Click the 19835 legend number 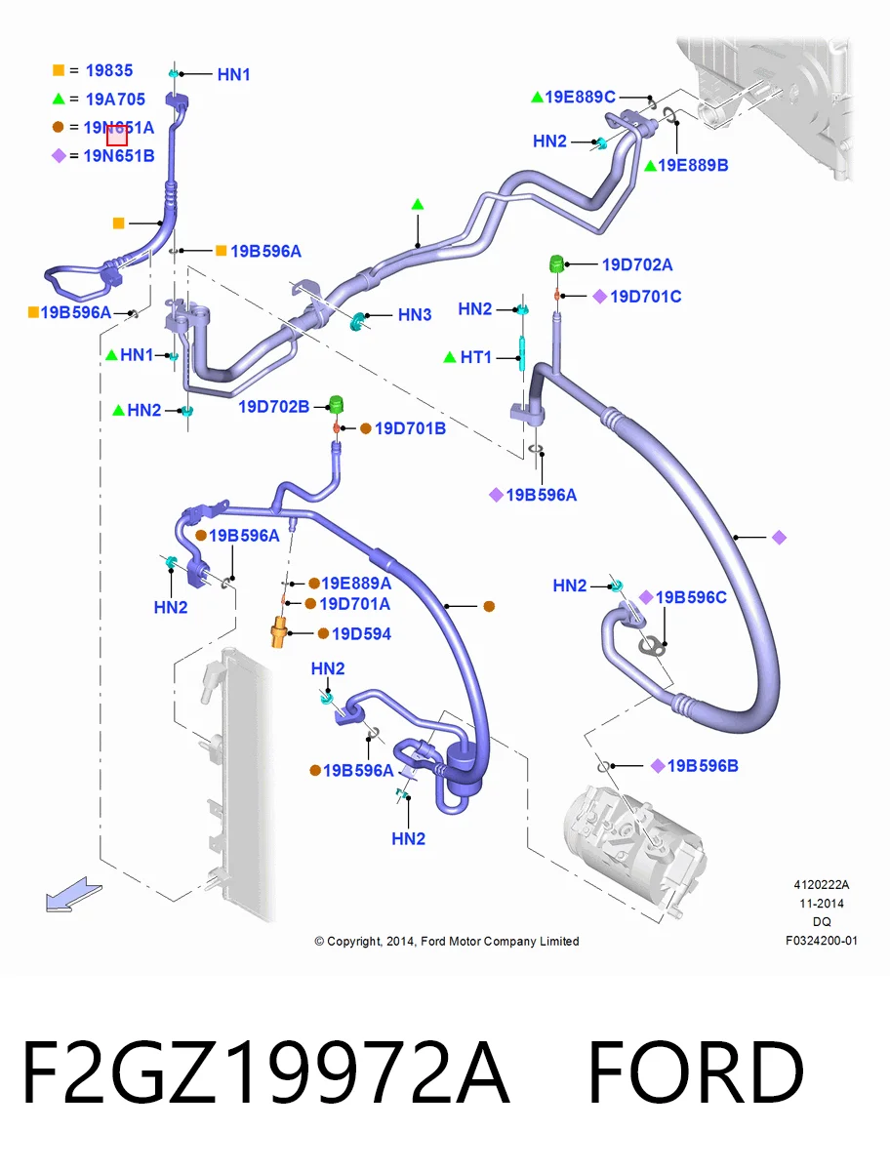tap(108, 70)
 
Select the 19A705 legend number tap(115, 100)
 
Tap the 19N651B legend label tap(119, 156)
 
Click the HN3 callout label tap(415, 315)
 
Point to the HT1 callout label tap(475, 357)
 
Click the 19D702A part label tap(637, 264)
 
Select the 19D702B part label tap(273, 407)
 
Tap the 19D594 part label tap(361, 633)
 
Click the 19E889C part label tap(580, 97)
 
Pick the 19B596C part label tap(691, 597)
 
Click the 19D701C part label tap(645, 296)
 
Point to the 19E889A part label tap(356, 584)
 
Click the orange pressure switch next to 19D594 tap(279, 632)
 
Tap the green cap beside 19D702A tap(556, 264)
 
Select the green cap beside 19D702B tap(336, 404)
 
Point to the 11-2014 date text tap(822, 904)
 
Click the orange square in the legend tap(59, 70)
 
